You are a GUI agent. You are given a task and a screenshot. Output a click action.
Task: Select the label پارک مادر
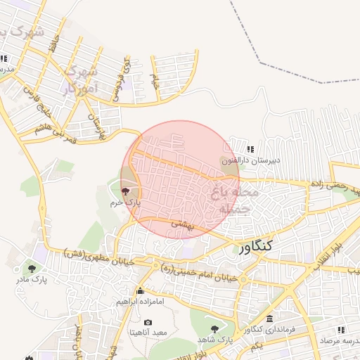pyautogui.click(x=32, y=280)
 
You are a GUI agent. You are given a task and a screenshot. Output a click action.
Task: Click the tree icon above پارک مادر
pyautogui.click(x=31, y=268)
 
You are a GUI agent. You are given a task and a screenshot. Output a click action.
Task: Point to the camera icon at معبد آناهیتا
pyautogui.click(x=148, y=323)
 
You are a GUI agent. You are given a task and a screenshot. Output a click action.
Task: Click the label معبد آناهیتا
pyautogui.click(x=146, y=333)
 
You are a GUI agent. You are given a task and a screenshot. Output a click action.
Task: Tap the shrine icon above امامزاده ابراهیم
pyautogui.click(x=140, y=291)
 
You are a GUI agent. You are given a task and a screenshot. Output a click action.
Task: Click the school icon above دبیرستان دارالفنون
pyautogui.click(x=251, y=149)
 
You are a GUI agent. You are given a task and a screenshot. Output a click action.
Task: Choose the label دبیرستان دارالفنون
pyautogui.click(x=251, y=160)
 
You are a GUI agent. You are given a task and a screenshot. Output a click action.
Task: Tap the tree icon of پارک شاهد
pyautogui.click(x=214, y=328)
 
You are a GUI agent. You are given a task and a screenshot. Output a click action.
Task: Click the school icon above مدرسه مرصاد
pyautogui.click(x=341, y=329)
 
